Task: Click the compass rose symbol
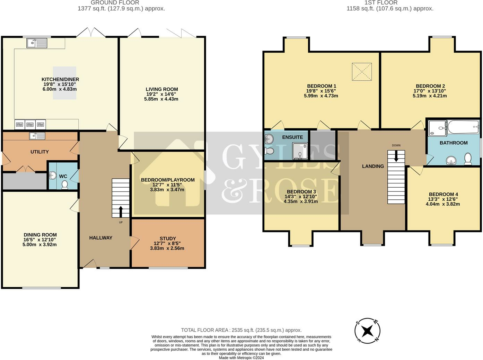[x=367, y=331]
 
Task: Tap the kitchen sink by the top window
[x=37, y=43]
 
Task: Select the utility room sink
[x=37, y=136]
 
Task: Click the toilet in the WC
[x=64, y=185]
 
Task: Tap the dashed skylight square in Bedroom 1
[x=362, y=72]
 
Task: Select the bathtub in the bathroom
[x=463, y=127]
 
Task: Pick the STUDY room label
[x=168, y=238]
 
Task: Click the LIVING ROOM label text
[x=161, y=89]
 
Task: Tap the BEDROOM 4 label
[x=443, y=195]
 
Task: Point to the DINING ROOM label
[x=40, y=235]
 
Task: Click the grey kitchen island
[x=64, y=83]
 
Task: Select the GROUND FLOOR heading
[x=115, y=3]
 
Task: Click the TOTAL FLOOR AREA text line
[x=241, y=330]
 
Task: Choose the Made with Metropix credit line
[x=241, y=358]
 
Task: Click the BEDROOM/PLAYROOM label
[x=168, y=180]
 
